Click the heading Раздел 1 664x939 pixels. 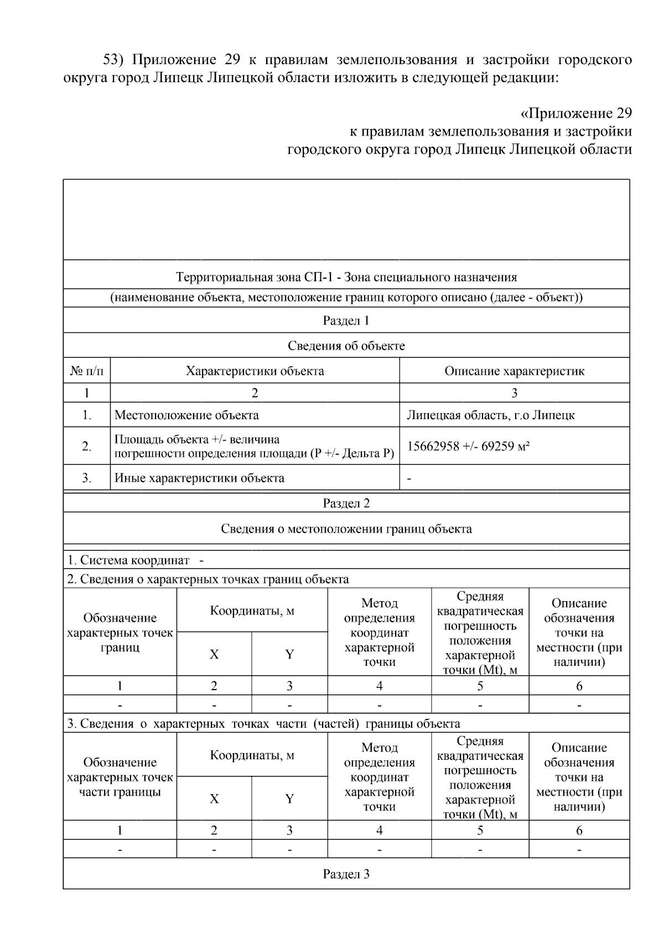click(346, 321)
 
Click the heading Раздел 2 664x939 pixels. click(346, 503)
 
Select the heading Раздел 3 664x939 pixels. click(346, 874)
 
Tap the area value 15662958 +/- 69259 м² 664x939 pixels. click(468, 446)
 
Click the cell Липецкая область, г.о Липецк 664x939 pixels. click(490, 415)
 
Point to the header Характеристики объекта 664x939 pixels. click(255, 371)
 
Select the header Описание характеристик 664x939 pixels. click(514, 371)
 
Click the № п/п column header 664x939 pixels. click(87, 371)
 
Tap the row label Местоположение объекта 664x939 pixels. click(186, 415)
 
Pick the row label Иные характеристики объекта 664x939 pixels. click(199, 478)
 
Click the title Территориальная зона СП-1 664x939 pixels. click(346, 277)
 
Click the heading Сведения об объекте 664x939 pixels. click(346, 346)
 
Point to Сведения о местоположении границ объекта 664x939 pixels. click(346, 529)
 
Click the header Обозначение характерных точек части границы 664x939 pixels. click(120, 777)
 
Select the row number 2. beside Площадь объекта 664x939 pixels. click(87, 446)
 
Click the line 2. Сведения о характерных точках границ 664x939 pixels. click(207, 579)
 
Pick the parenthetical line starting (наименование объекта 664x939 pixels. click(346, 298)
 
